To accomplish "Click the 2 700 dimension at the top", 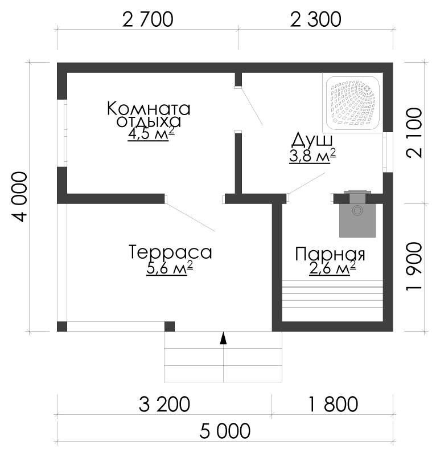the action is pyautogui.click(x=147, y=19).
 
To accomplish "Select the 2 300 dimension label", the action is pyautogui.click(x=315, y=19).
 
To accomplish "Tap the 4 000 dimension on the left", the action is pyautogui.click(x=20, y=197).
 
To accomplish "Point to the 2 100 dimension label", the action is pyautogui.click(x=414, y=133).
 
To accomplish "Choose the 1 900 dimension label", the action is pyautogui.click(x=414, y=267).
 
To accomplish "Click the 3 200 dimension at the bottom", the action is pyautogui.click(x=164, y=404).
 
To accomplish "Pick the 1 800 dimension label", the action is pyautogui.click(x=334, y=404).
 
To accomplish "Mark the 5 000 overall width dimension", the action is pyautogui.click(x=225, y=431).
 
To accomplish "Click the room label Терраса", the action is pyautogui.click(x=171, y=252).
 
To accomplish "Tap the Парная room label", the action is pyautogui.click(x=330, y=254).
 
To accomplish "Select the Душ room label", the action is pyautogui.click(x=312, y=140).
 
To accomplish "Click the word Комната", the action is pyautogui.click(x=149, y=109).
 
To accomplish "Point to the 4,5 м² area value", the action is pyautogui.click(x=151, y=133).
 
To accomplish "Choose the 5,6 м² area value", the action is pyautogui.click(x=170, y=268).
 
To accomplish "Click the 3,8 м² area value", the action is pyautogui.click(x=312, y=156).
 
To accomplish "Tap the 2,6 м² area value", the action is pyautogui.click(x=332, y=268).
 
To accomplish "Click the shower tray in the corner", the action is pyautogui.click(x=353, y=103).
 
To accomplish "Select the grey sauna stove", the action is pyautogui.click(x=357, y=214).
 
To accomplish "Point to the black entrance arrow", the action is pyautogui.click(x=223, y=338).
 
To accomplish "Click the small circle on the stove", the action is pyautogui.click(x=357, y=211).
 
